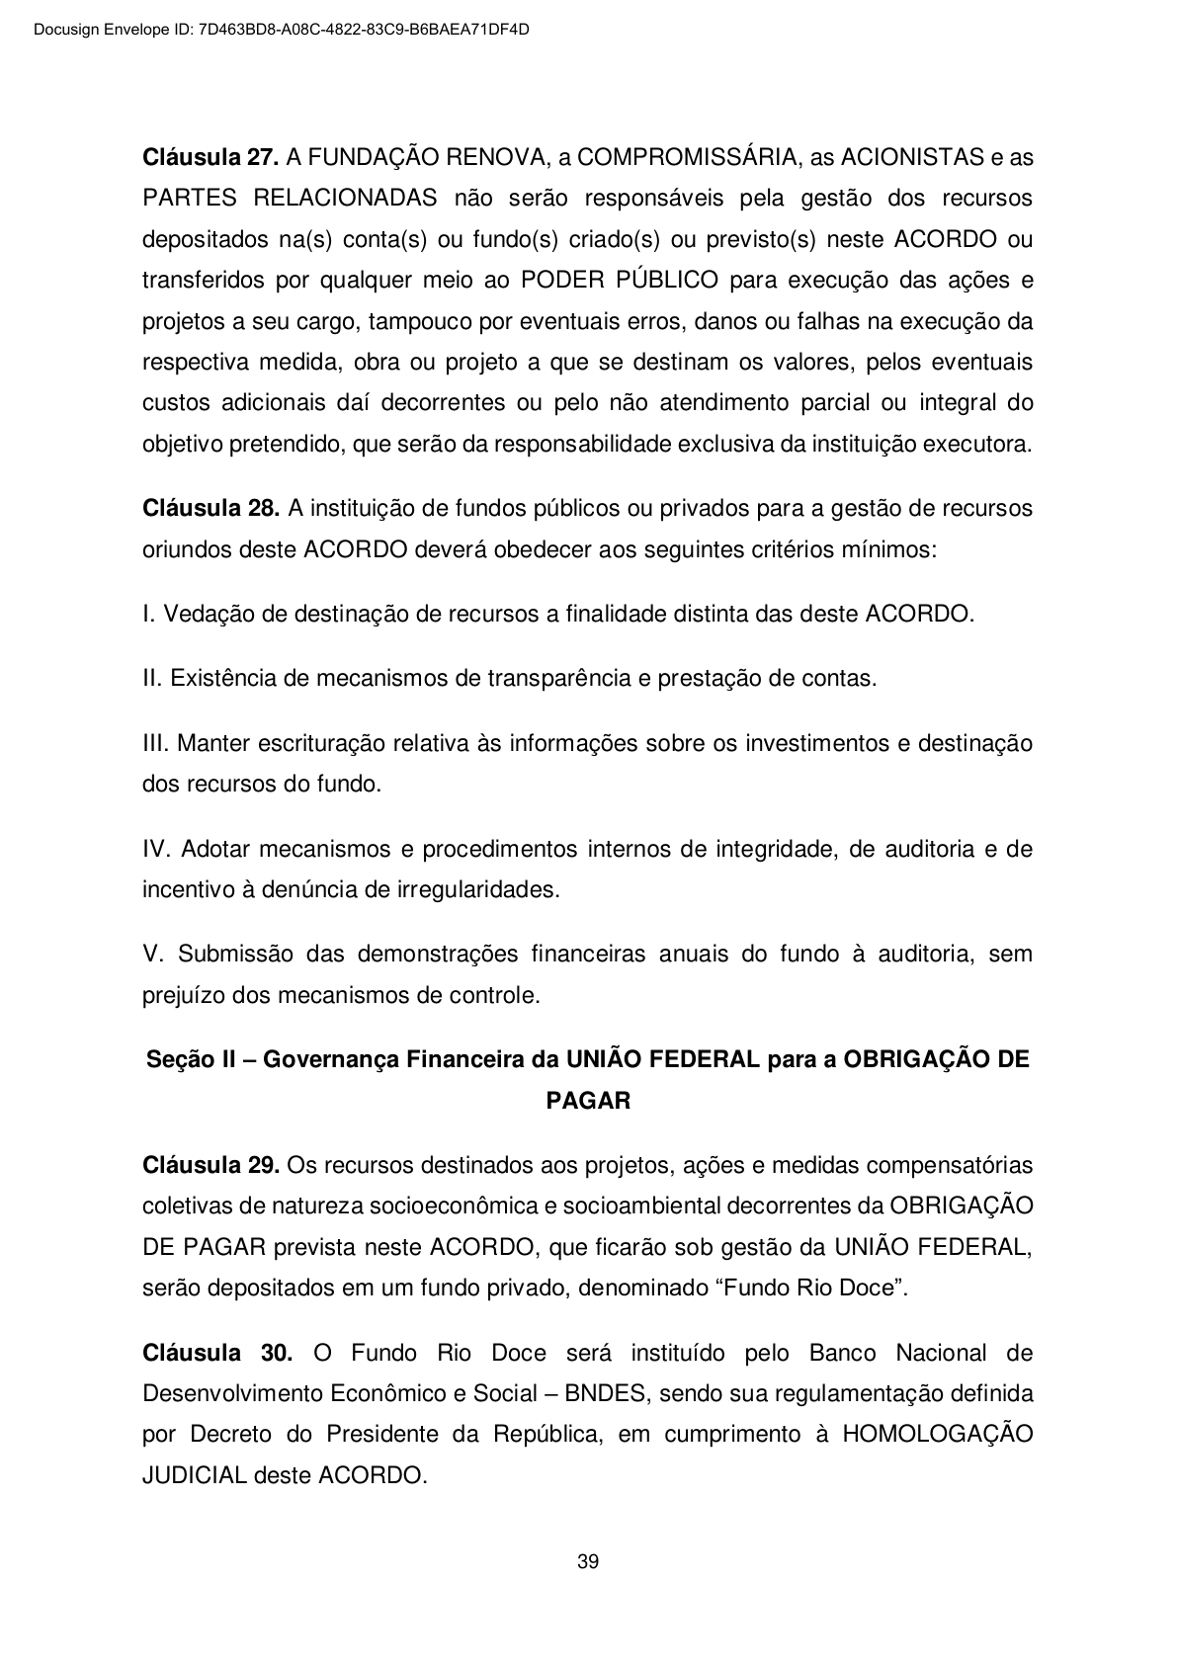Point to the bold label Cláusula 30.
(x=217, y=1353)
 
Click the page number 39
(x=588, y=1562)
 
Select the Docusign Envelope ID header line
(x=282, y=30)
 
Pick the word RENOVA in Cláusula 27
(x=491, y=157)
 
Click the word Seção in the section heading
(x=175, y=1060)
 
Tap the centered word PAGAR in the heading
(x=588, y=1101)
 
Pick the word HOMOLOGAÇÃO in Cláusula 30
(x=937, y=1435)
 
